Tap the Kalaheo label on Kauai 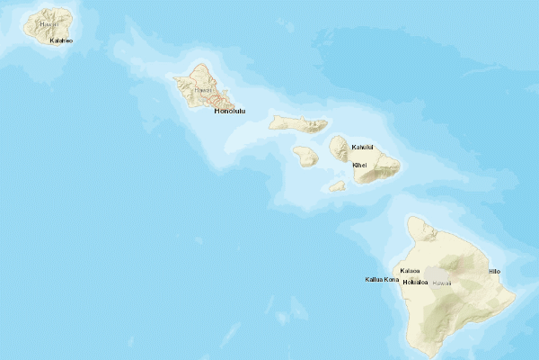(x=61, y=40)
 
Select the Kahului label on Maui (x=361, y=147)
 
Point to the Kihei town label (x=359, y=165)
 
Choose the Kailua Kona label (x=382, y=279)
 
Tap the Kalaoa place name (x=411, y=271)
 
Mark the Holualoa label (x=414, y=283)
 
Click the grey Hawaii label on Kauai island (x=49, y=24)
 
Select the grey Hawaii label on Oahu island (x=203, y=90)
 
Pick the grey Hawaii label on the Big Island (x=441, y=283)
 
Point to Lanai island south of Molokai (x=306, y=156)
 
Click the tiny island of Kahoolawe (x=337, y=186)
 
